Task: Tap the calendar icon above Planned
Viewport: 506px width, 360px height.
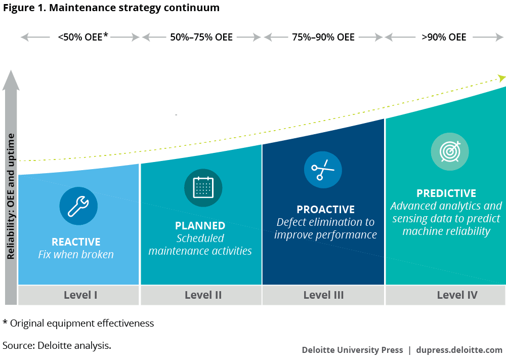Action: (203, 188)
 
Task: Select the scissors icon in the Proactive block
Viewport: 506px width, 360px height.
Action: (323, 170)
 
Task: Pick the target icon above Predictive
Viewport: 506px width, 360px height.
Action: (450, 151)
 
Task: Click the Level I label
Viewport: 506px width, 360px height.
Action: (80, 295)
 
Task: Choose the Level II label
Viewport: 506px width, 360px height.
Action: (203, 295)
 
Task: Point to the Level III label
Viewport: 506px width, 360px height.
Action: (324, 295)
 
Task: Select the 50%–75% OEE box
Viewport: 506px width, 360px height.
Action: (201, 37)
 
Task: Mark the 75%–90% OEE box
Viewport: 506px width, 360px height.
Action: (323, 37)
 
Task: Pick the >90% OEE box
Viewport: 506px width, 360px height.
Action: (444, 37)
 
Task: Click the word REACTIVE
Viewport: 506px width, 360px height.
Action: (76, 242)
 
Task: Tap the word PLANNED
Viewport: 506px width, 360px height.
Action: (200, 226)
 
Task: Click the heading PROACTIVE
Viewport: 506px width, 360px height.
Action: (325, 210)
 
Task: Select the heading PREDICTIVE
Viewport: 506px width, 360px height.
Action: (446, 193)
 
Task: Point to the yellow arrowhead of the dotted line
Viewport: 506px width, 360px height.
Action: (501, 78)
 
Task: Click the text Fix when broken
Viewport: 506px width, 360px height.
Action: (76, 254)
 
